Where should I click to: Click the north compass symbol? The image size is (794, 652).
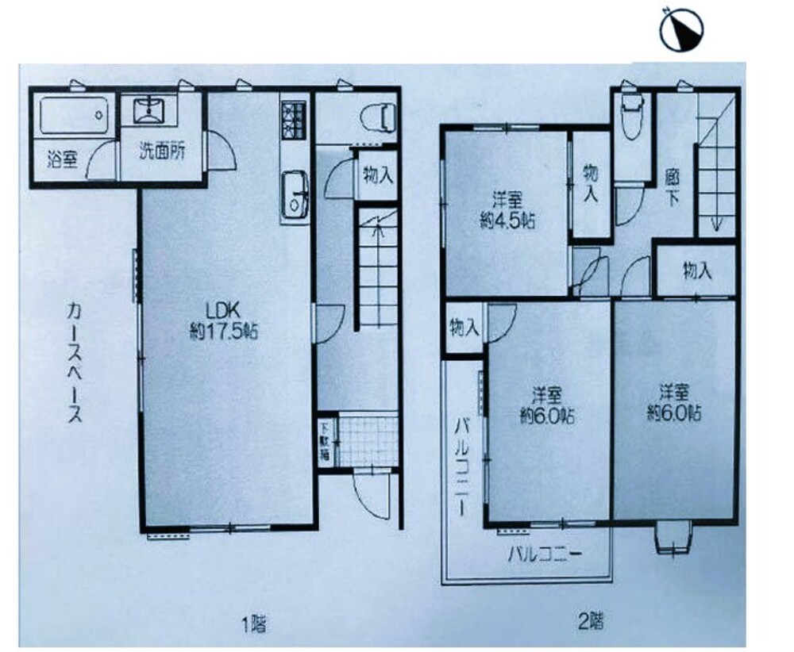681,29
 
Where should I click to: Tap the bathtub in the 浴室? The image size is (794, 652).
74,115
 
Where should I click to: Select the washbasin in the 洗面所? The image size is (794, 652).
149,111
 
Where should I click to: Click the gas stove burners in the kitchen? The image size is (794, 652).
294,120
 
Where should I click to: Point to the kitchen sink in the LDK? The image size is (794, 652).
295,195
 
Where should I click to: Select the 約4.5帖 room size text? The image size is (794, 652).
507,221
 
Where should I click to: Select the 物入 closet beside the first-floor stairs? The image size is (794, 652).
378,175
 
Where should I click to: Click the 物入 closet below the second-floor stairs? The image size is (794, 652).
697,271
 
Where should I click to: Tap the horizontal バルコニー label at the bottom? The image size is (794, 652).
545,554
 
